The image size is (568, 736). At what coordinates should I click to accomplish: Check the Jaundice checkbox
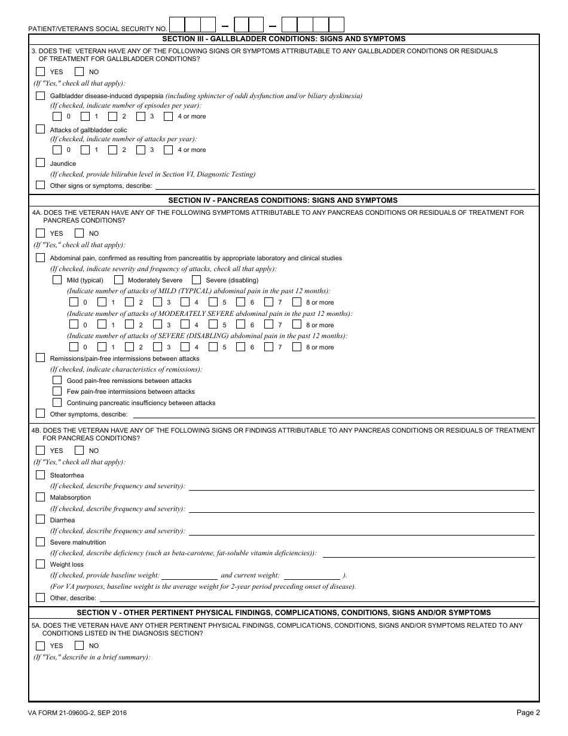[40, 163]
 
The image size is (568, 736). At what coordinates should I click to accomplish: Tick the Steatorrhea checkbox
[40, 475]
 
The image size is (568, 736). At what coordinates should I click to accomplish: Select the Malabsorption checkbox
[40, 497]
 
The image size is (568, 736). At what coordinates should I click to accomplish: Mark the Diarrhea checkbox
[40, 520]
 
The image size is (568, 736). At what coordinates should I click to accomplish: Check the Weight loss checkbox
[40, 564]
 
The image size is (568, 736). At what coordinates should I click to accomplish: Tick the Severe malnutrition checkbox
[40, 542]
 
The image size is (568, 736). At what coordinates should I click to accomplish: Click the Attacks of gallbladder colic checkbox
[40, 129]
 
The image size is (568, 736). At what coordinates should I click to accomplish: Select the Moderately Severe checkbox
[118, 280]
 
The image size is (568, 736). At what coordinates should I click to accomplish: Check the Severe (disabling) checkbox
[196, 280]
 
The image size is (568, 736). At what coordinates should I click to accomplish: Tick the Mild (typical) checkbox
[57, 280]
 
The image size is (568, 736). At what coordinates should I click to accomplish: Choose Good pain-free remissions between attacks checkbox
[57, 381]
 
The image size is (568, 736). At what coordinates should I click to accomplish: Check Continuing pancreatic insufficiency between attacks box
[57, 403]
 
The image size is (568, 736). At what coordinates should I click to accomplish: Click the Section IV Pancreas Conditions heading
[283, 200]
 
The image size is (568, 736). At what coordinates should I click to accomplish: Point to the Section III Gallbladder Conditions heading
[283, 39]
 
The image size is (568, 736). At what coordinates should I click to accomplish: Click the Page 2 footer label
[528, 713]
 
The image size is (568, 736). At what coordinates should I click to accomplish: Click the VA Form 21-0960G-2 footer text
[77, 713]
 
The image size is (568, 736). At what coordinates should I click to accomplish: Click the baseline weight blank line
[190, 576]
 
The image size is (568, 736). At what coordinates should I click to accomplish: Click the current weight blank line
[311, 576]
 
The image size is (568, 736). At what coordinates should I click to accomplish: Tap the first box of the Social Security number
[178, 25]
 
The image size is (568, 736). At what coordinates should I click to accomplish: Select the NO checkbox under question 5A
[79, 646]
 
